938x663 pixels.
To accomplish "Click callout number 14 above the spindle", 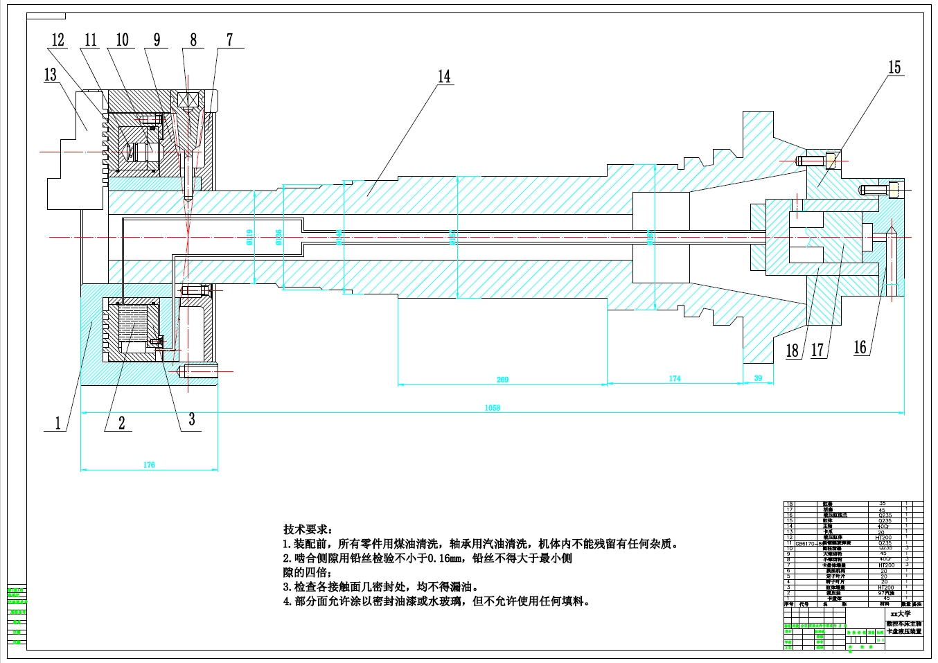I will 444,76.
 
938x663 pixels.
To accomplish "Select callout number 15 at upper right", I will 894,67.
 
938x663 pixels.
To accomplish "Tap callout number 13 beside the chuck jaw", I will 51,75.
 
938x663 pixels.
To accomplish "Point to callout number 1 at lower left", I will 58,423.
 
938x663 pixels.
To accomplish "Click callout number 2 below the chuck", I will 122,423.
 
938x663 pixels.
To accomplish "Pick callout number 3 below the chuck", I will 192,419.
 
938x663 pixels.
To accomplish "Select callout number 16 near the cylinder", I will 860,347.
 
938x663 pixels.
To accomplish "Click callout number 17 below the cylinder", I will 817,350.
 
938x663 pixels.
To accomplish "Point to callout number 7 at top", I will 230,40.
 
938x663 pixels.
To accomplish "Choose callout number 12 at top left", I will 58,40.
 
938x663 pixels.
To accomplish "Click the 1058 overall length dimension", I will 493,408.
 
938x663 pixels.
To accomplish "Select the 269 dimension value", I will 502,380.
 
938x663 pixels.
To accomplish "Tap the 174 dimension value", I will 675,378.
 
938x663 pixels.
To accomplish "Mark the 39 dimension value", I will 758,378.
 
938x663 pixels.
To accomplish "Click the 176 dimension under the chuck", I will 149,465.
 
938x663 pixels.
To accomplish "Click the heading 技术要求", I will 308,530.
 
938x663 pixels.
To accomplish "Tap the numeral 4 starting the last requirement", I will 287,601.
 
